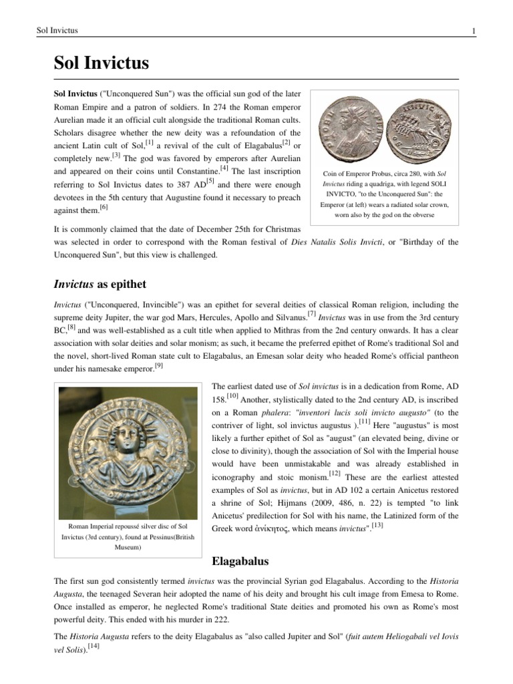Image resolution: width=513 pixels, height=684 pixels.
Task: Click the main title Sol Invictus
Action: point(101,64)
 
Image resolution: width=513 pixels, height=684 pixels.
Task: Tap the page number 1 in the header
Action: point(473,31)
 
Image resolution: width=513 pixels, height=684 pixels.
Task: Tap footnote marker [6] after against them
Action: point(104,208)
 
